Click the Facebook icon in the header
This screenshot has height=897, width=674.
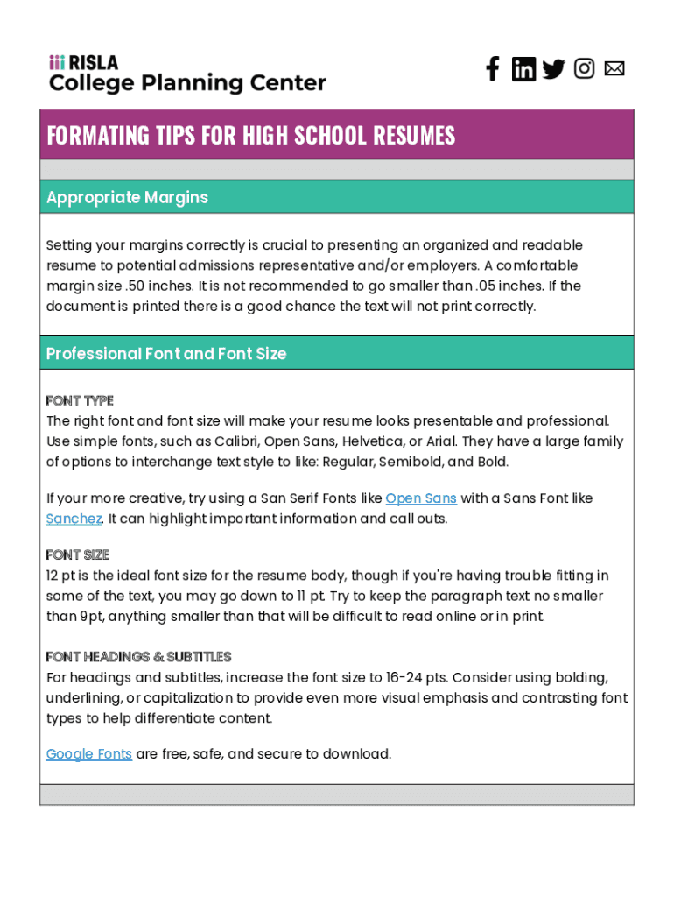[493, 69]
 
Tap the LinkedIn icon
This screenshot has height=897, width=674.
[523, 69]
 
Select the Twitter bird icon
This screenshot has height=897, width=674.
[553, 69]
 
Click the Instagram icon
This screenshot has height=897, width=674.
[584, 68]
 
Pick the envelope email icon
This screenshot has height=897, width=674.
[614, 68]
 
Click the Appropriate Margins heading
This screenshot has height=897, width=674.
[127, 197]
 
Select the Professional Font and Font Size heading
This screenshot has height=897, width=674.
[166, 354]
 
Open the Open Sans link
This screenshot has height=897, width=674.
[421, 498]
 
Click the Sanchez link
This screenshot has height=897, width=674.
[74, 519]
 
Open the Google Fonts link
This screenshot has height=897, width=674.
[89, 754]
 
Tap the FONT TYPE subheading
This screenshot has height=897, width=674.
[80, 401]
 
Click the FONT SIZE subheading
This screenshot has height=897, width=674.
[78, 555]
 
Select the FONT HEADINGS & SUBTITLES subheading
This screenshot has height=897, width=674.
[138, 657]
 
